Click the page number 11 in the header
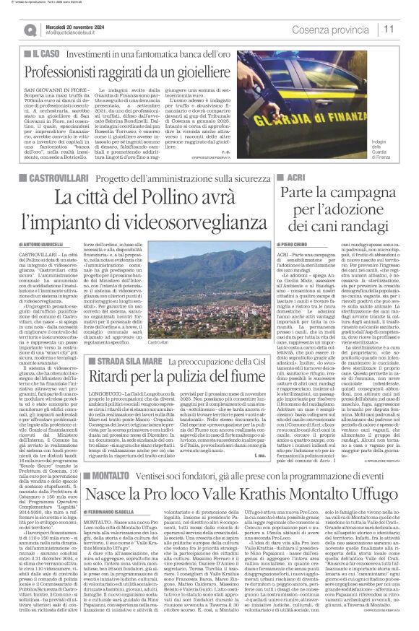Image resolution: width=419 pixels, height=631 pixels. click(x=389, y=29)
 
